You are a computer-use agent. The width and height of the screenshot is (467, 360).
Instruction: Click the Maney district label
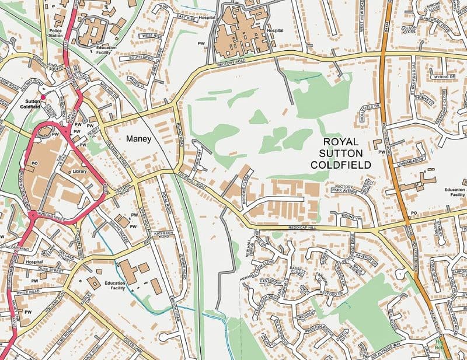138,139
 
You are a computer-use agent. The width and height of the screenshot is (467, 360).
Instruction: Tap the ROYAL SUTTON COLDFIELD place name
348,153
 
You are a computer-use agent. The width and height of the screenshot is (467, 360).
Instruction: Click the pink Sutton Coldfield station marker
43,97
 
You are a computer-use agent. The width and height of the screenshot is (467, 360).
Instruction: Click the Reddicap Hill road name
303,228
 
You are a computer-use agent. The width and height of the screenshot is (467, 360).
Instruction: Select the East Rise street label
183,18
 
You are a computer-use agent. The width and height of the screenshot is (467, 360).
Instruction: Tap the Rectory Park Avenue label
346,188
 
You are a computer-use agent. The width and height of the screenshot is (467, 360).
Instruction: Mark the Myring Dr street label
444,76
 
